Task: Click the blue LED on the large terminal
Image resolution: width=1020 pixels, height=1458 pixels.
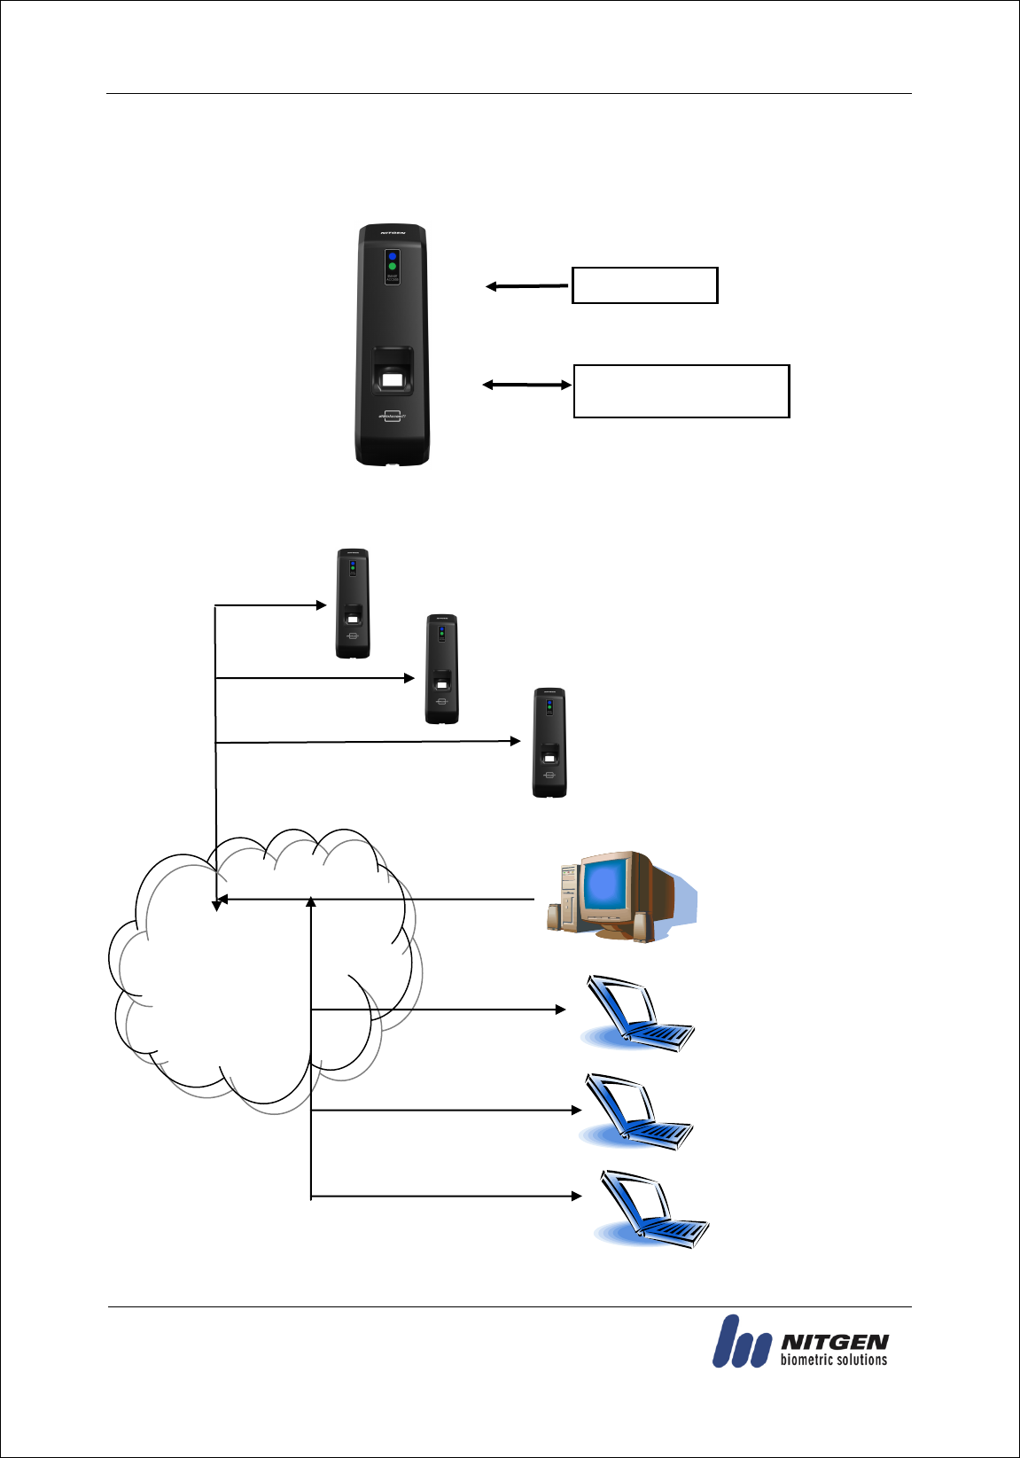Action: tap(392, 256)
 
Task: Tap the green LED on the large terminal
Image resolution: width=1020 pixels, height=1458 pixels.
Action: tap(392, 267)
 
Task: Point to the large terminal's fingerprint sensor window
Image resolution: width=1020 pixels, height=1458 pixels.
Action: tap(392, 382)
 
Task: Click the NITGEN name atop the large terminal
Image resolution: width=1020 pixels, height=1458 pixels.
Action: tap(393, 234)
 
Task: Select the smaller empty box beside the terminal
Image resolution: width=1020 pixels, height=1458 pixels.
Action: tap(644, 285)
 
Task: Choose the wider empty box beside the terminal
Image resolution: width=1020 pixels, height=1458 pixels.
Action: tap(681, 391)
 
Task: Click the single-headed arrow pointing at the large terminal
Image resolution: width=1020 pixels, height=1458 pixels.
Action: tap(526, 286)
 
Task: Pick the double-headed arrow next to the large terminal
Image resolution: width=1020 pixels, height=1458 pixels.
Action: tap(526, 385)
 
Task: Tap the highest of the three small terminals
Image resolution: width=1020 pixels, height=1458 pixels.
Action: tap(353, 604)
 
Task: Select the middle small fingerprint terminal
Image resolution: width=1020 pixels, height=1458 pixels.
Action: tap(442, 669)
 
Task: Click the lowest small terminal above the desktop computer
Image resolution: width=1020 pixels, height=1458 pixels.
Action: tap(549, 743)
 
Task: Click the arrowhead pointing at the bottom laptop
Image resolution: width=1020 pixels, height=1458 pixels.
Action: tap(576, 1197)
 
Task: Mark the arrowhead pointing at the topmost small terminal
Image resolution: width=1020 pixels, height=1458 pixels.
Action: tap(322, 605)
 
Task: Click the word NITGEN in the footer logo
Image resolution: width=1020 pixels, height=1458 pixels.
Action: tap(834, 1343)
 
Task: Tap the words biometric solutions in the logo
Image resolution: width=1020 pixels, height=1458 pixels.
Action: tap(833, 1361)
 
